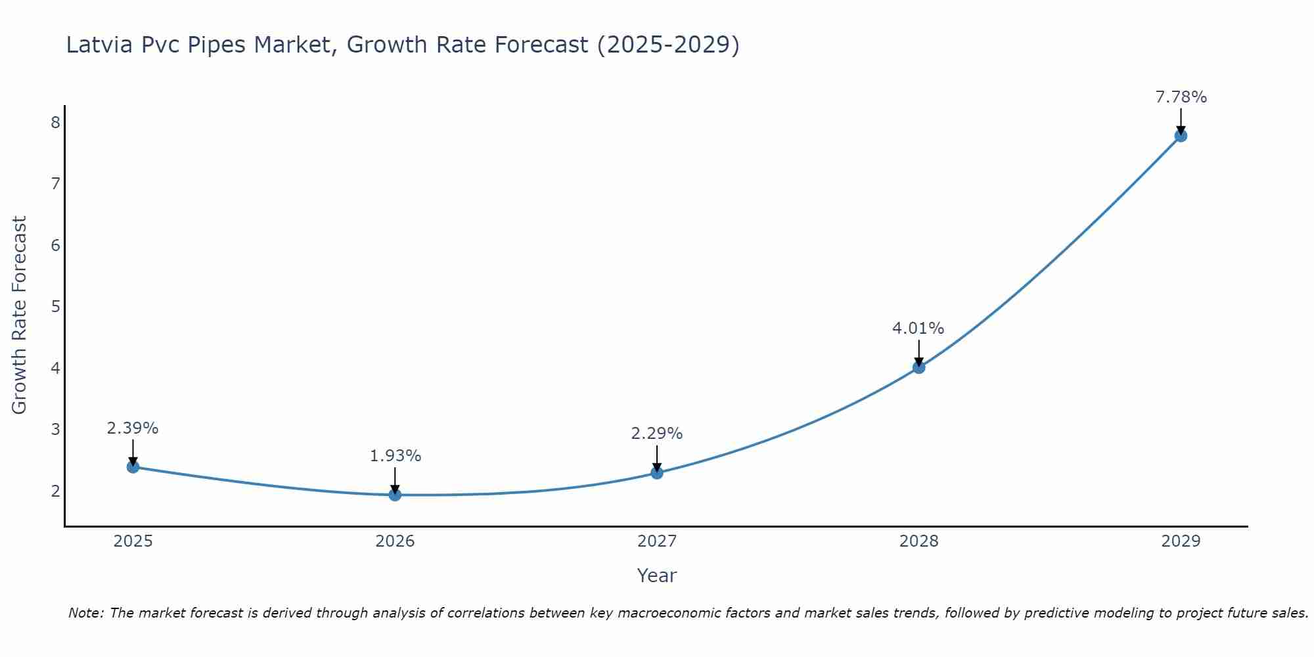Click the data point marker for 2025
tap(133, 466)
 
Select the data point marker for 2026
tap(395, 495)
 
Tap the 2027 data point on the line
tap(657, 472)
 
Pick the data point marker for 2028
tap(918, 367)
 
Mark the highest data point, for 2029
tap(1181, 136)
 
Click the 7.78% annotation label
tap(1181, 97)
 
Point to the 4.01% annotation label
tap(918, 328)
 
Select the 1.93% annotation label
tap(395, 455)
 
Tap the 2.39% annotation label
tap(133, 428)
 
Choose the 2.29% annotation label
tap(656, 434)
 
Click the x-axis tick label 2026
tap(395, 541)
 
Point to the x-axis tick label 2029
tap(1181, 541)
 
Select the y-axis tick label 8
tap(55, 122)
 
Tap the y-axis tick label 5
tap(55, 306)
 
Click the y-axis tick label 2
tap(55, 491)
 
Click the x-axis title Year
tap(656, 576)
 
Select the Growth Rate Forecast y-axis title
tap(20, 315)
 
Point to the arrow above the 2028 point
tap(918, 352)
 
